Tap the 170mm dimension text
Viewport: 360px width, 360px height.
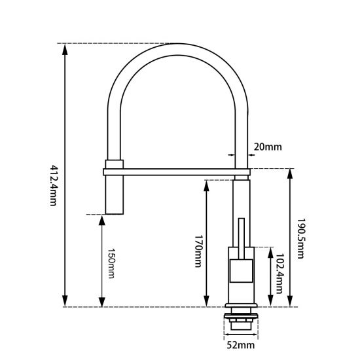(x=197, y=251)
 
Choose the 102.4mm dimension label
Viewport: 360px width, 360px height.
(x=280, y=275)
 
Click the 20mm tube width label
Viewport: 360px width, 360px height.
(x=267, y=147)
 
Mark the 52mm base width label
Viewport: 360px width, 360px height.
(x=241, y=344)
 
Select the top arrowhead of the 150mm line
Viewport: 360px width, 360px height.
(x=101, y=217)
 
